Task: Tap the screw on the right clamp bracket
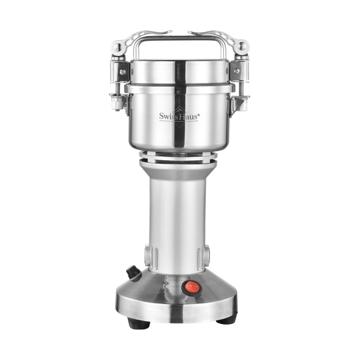[236, 71]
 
